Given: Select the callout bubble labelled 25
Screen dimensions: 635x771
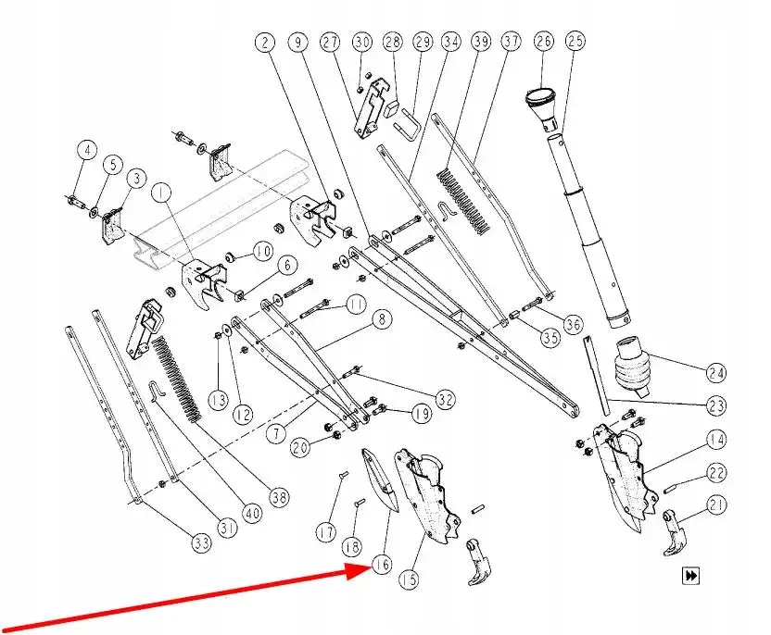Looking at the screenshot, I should coord(576,42).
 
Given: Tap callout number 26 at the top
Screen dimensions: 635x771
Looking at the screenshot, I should coord(543,42).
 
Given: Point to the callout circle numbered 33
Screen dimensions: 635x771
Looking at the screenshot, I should coord(202,544).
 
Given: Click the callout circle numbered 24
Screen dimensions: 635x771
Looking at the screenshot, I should coord(715,374).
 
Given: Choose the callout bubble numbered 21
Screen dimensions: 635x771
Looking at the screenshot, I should coord(715,504).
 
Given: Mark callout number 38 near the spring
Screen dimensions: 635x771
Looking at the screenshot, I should coord(279,495).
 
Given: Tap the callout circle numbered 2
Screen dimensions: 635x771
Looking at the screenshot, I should coord(266,43).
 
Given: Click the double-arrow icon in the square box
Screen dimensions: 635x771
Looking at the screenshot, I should coord(690,576).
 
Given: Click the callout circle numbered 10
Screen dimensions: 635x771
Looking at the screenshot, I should coord(262,251).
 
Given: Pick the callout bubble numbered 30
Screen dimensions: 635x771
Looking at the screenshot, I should coord(362,43).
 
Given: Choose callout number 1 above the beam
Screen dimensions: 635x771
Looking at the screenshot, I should coord(162,193).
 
